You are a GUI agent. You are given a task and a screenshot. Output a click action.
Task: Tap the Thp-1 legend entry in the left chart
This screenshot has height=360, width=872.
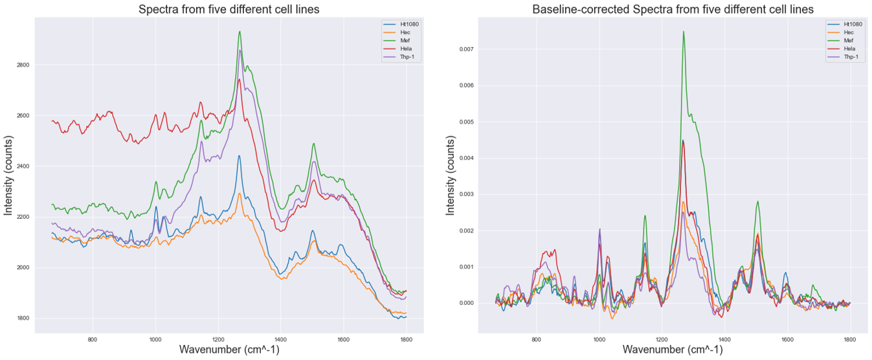[x=394, y=58]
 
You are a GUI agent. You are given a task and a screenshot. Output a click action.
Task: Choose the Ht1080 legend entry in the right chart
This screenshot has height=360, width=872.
[x=842, y=24]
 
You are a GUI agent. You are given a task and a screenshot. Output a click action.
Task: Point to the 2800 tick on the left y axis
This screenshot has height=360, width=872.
[x=22, y=65]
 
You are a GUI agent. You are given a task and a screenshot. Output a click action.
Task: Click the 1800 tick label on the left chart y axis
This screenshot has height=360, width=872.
[x=22, y=319]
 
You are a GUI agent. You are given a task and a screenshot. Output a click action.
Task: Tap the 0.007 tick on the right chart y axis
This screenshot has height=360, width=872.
[x=466, y=49]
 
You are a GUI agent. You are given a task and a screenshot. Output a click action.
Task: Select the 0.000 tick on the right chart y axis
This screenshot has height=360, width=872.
[x=466, y=303]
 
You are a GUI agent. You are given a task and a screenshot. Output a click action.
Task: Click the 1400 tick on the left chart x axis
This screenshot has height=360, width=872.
[x=280, y=339]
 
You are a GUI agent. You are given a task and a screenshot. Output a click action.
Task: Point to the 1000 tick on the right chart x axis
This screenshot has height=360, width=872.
[x=599, y=339]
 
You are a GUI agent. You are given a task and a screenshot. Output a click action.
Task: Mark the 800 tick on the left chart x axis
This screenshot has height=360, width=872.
[x=93, y=339]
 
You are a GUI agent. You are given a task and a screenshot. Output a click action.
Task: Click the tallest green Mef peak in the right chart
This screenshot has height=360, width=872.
[x=683, y=32]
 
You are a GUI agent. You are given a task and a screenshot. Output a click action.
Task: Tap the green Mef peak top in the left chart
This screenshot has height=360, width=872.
[x=240, y=32]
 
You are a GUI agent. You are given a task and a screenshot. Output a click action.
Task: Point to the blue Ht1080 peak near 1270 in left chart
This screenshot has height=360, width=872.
[x=239, y=156]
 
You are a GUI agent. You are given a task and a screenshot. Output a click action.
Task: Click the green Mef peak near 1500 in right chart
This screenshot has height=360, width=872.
[x=757, y=201]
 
